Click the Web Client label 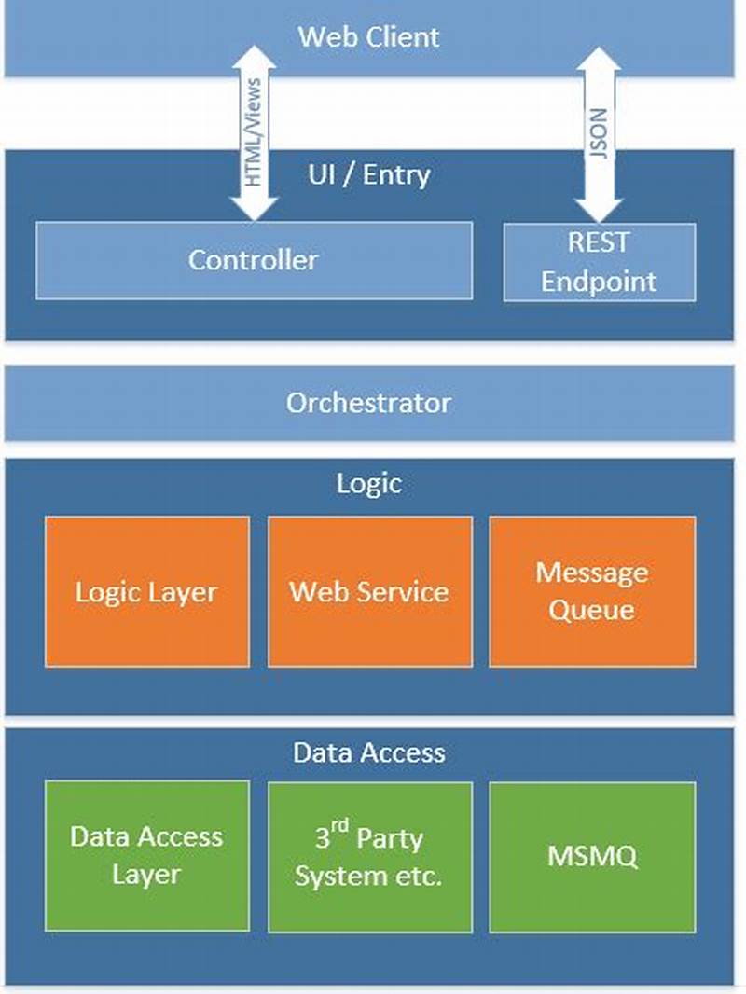tap(368, 37)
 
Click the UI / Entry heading tap(368, 174)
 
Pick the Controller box tap(254, 259)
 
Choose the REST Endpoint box tap(599, 262)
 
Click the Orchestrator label tap(368, 403)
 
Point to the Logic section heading tap(368, 482)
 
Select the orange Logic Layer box tap(146, 591)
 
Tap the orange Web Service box tap(369, 591)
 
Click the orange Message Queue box tap(591, 591)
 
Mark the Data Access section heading tap(368, 752)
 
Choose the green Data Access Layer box tap(146, 856)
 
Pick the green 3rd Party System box tap(369, 856)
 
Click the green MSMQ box tap(591, 856)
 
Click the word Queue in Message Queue tap(591, 611)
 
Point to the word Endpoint tap(599, 282)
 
